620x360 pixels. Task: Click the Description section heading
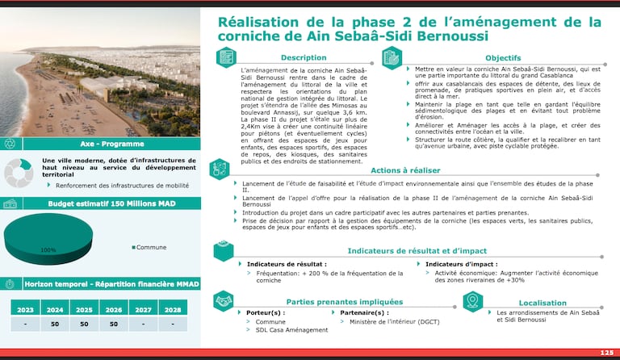pyautogui.click(x=303, y=58)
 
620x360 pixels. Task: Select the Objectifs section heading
pyautogui.click(x=502, y=58)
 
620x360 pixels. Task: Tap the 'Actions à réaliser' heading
pyautogui.click(x=407, y=170)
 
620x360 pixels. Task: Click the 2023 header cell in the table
pyautogui.click(x=25, y=308)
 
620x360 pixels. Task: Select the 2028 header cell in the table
pyautogui.click(x=173, y=308)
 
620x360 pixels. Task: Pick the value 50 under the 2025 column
pyautogui.click(x=84, y=324)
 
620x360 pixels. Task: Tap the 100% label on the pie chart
pyautogui.click(x=48, y=250)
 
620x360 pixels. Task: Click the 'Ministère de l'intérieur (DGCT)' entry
pyautogui.click(x=394, y=321)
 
